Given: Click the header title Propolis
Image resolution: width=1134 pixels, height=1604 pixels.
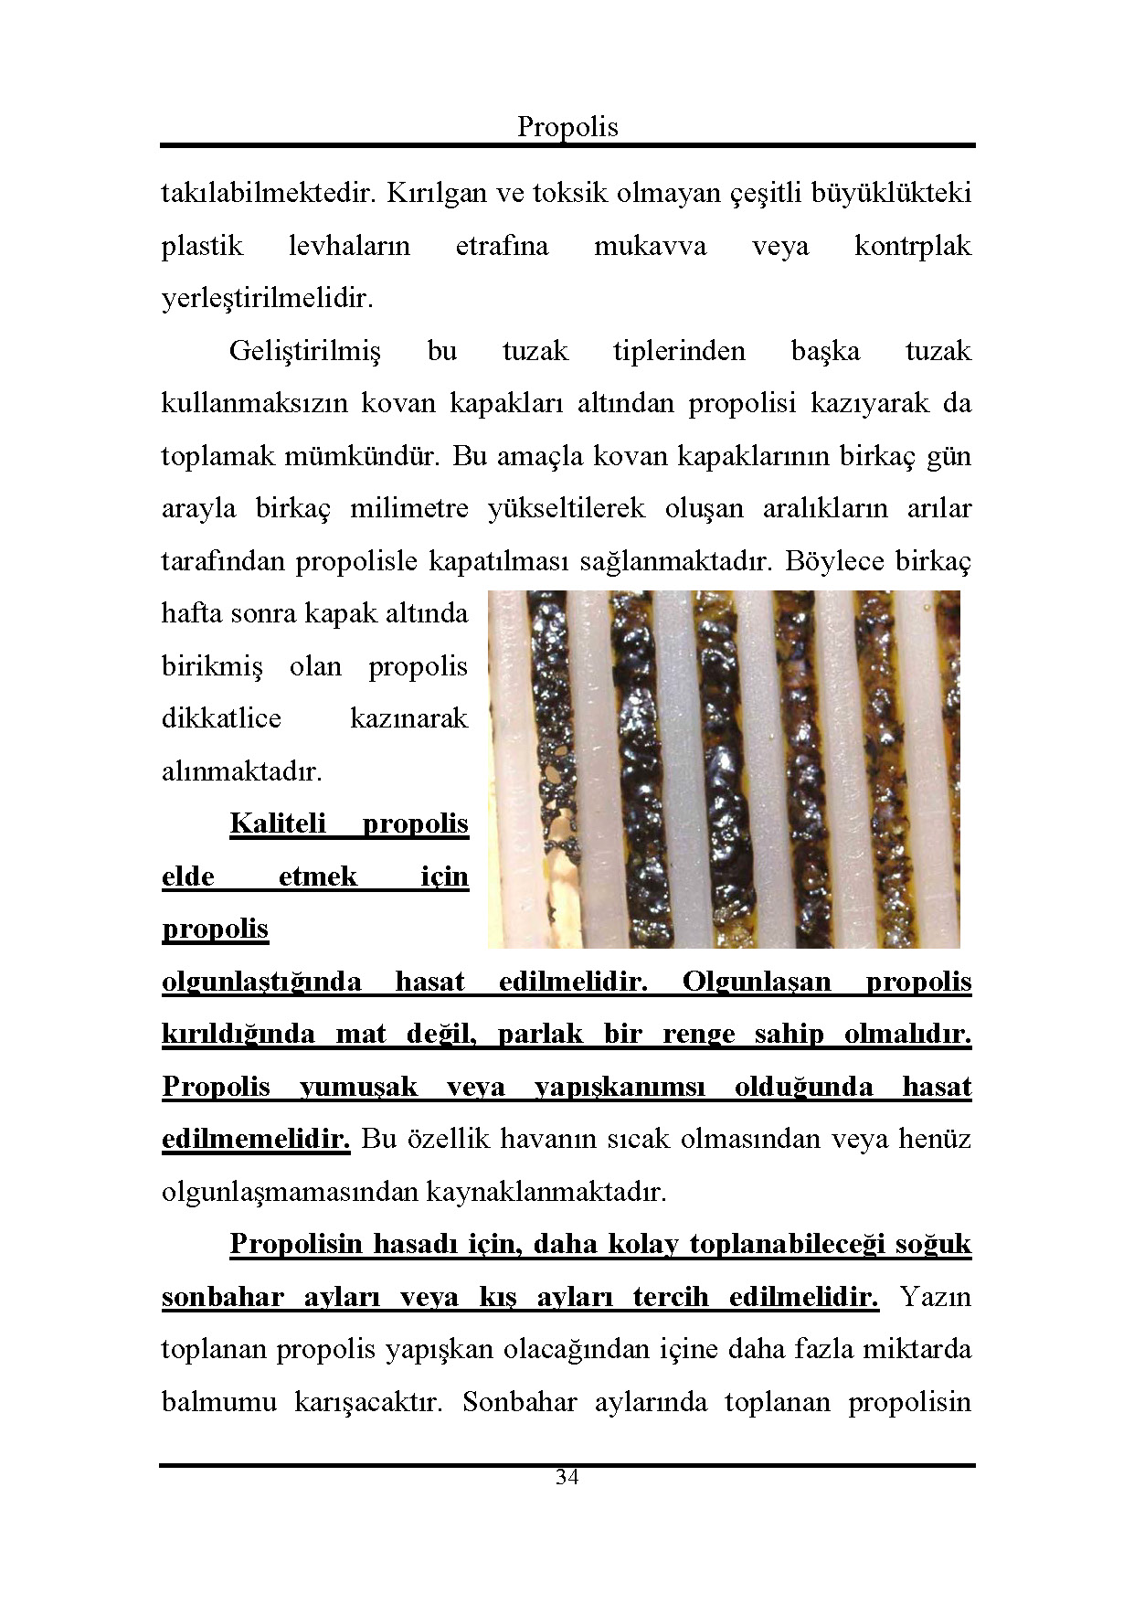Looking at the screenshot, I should coord(567,126).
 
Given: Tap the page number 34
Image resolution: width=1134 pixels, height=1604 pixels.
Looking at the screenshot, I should coord(567,1477).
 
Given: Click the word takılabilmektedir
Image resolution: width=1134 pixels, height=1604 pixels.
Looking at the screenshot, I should coord(270,194).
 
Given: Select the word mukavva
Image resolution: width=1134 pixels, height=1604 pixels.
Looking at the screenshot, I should coord(650,246).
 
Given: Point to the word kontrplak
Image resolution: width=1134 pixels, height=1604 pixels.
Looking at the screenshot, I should coord(912,246).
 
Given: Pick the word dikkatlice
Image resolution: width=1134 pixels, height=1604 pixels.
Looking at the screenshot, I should coord(221,718).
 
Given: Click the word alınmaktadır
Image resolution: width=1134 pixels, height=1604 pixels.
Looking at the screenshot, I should coord(242,771).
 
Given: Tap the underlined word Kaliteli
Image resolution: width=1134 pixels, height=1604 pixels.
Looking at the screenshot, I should coord(278,823).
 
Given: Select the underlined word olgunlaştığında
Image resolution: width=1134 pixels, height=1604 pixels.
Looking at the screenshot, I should coord(261,983).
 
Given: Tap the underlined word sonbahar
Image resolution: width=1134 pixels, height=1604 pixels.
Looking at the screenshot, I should coord(222,1298).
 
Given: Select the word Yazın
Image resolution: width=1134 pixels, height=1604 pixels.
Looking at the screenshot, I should coord(935,1298).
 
